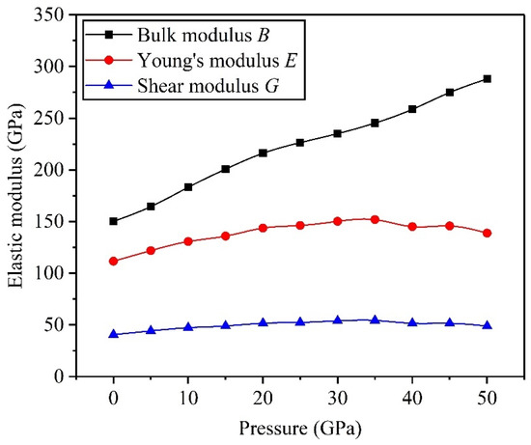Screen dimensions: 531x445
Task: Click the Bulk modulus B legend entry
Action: [178, 35]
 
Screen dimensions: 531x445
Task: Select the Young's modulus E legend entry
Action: [192, 60]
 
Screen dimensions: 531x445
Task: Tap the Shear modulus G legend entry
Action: [182, 86]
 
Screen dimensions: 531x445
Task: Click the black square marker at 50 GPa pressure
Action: [487, 79]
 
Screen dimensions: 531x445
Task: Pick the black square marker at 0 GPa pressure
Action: [114, 221]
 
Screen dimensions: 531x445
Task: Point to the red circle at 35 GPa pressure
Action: [375, 219]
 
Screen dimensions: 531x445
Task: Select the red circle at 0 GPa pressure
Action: [114, 261]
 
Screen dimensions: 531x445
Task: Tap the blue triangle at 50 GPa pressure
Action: [487, 325]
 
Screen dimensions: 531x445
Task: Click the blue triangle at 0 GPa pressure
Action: [114, 334]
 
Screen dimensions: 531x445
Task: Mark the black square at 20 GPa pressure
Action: [263, 153]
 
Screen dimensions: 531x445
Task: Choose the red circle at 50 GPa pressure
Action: [487, 233]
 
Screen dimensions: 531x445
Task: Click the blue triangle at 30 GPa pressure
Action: [338, 320]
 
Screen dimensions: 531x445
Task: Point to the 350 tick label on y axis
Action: [49, 14]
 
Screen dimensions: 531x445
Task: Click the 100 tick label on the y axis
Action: [49, 273]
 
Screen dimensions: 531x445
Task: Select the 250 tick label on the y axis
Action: [49, 118]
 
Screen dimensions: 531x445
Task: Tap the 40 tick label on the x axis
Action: [412, 398]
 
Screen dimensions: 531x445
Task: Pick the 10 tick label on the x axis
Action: [188, 398]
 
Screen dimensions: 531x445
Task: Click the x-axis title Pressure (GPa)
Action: [300, 429]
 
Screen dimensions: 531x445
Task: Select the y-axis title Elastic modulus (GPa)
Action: [16, 195]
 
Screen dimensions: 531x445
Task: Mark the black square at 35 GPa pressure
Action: [375, 123]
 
